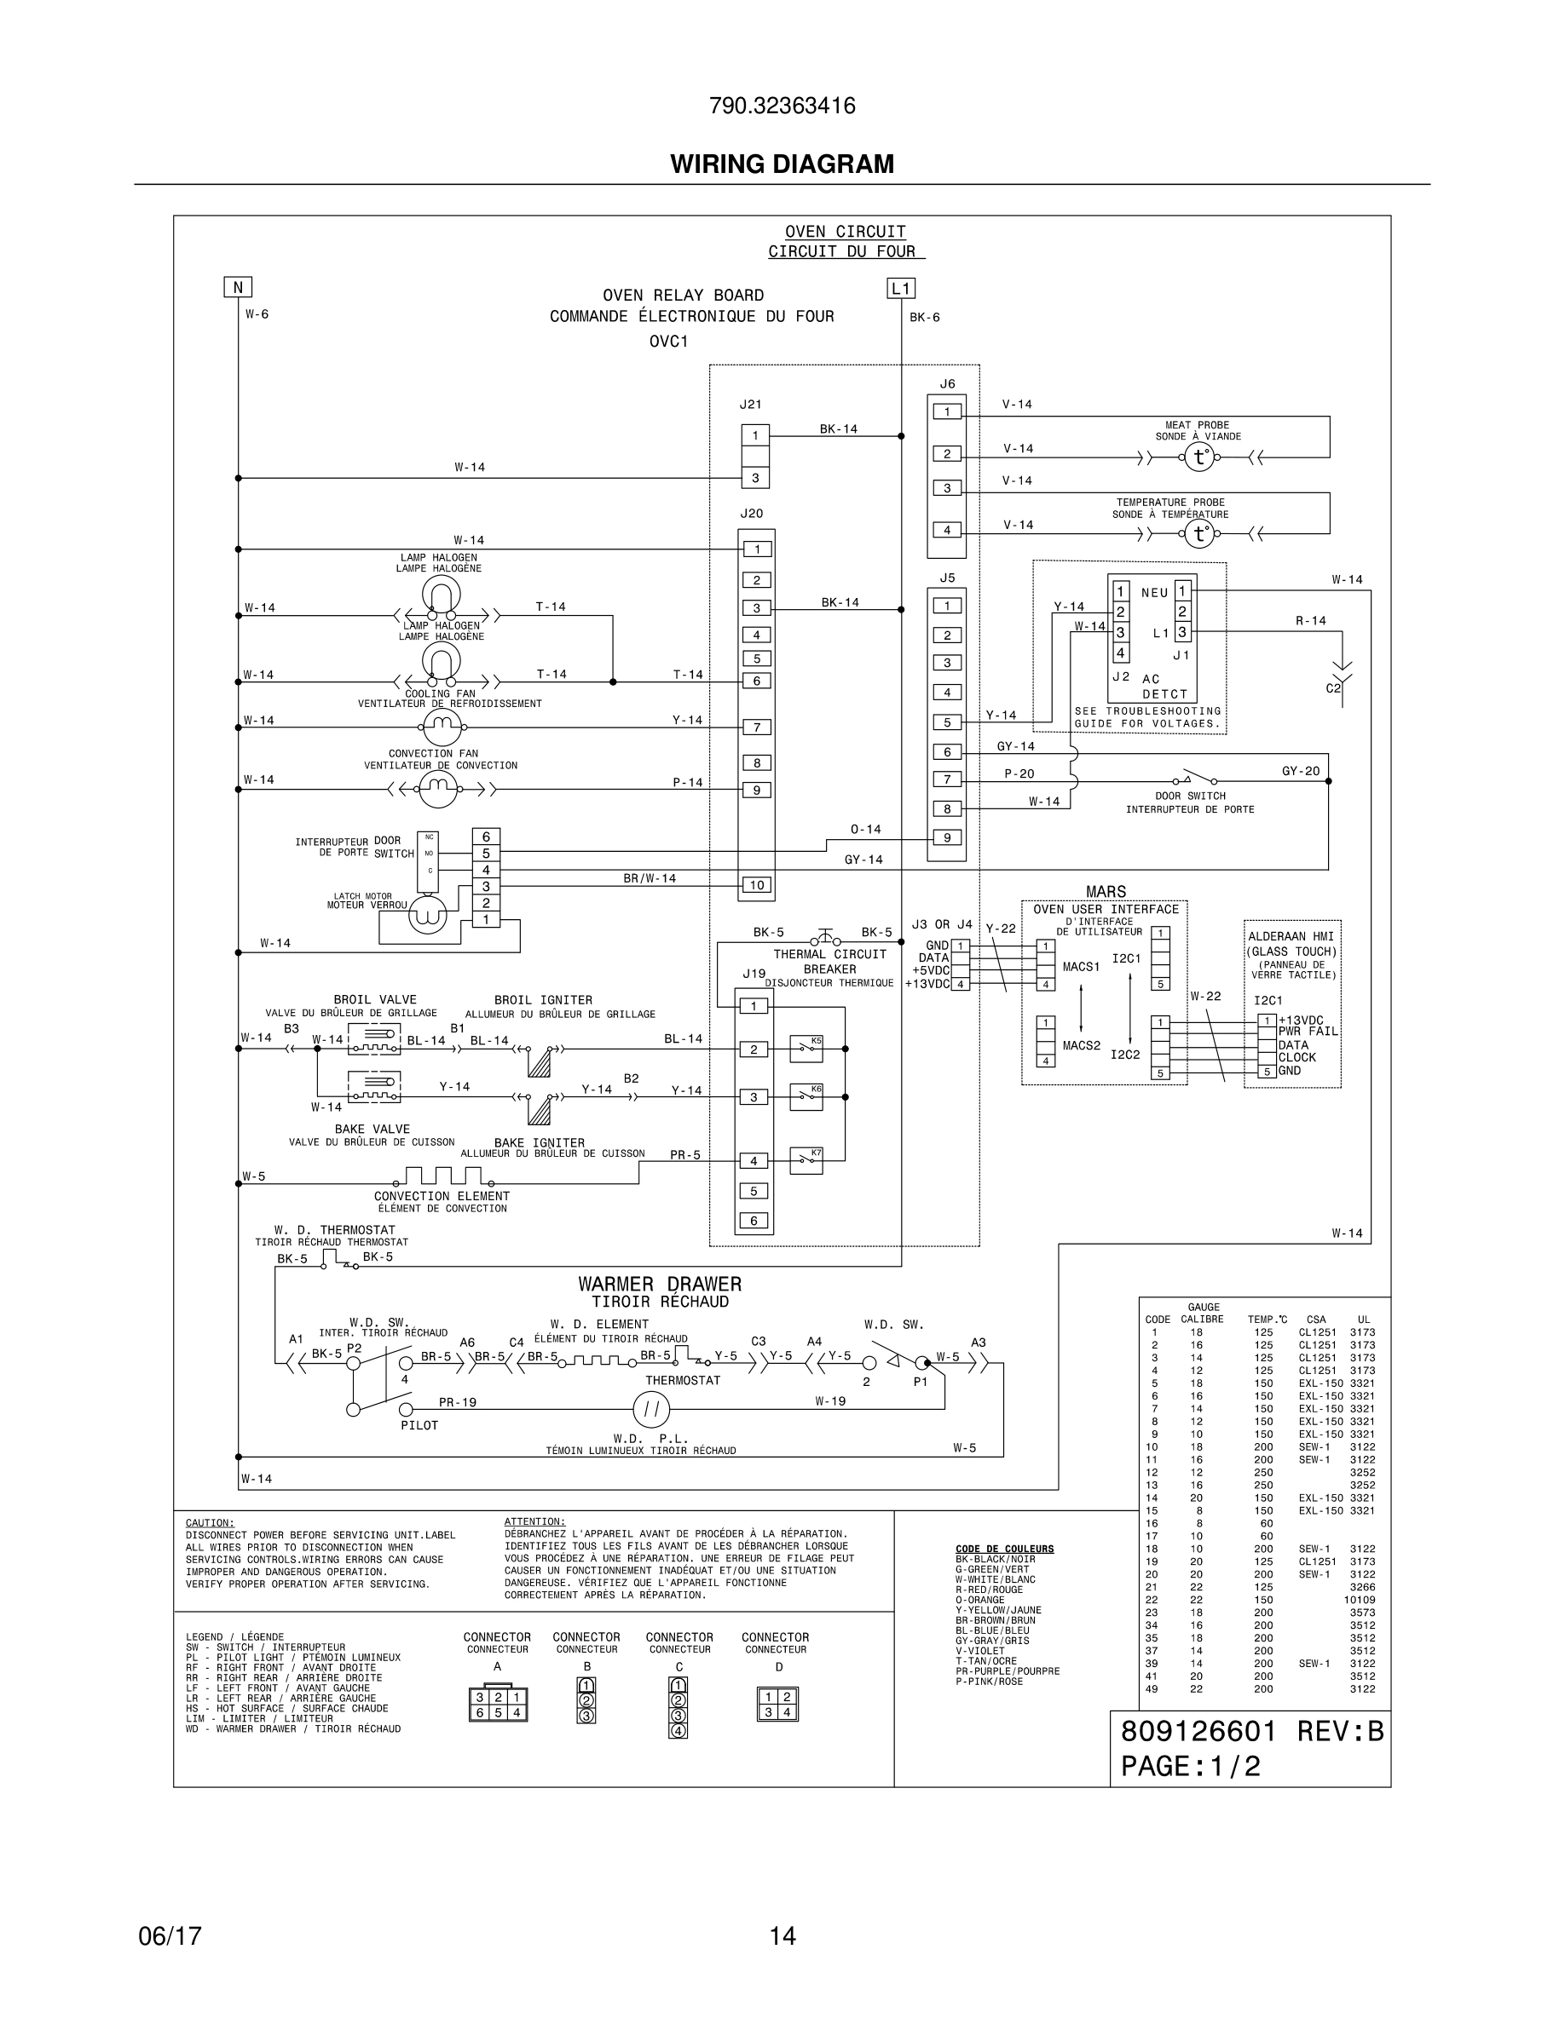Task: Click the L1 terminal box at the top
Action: [x=900, y=288]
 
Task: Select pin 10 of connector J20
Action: [x=757, y=885]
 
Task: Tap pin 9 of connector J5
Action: [x=947, y=837]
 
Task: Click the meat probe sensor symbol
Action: [x=1198, y=457]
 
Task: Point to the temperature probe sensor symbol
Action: [x=1198, y=534]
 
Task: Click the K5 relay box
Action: [x=805, y=1047]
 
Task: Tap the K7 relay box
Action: [x=805, y=1160]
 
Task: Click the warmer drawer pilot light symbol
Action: [x=651, y=1411]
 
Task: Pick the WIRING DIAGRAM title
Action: [x=782, y=164]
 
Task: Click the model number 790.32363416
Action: [x=782, y=106]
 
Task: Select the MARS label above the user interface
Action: [x=1106, y=892]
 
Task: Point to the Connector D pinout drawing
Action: [x=777, y=1705]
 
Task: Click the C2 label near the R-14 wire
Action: [x=1333, y=688]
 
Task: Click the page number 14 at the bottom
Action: [x=782, y=1937]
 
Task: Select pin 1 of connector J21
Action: [x=754, y=435]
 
